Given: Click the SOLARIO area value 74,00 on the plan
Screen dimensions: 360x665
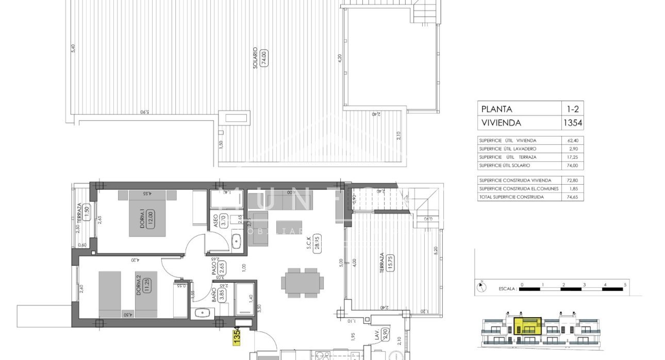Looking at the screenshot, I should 264,56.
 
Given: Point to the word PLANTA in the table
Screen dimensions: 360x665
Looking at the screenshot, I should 496,109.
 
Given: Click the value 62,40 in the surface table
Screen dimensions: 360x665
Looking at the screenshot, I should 572,140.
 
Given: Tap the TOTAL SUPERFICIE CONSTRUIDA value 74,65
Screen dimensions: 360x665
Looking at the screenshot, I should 572,197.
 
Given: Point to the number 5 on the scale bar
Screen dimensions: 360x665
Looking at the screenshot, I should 625,284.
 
